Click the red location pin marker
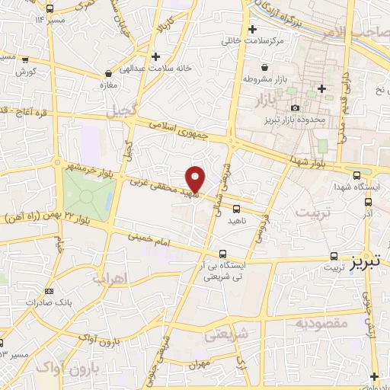[196, 178]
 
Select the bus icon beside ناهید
[236, 208]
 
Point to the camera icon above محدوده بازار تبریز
[294, 107]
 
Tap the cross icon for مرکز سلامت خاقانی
[253, 30]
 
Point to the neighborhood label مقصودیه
[322, 324]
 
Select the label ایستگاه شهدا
[362, 187]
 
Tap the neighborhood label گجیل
[120, 112]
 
